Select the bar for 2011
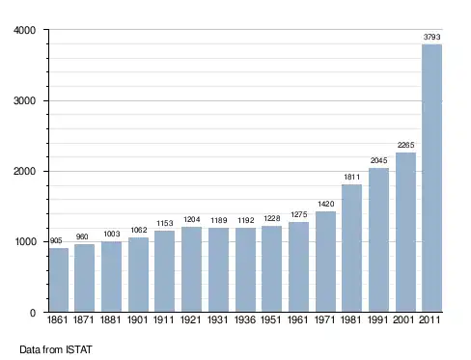pyautogui.click(x=431, y=178)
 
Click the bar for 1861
pyautogui.click(x=59, y=280)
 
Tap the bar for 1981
pyautogui.click(x=351, y=248)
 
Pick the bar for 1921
pyautogui.click(x=191, y=269)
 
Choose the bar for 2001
pyautogui.click(x=405, y=232)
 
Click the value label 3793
pyautogui.click(x=431, y=37)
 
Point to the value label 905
pyautogui.click(x=56, y=241)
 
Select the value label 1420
pyautogui.click(x=326, y=204)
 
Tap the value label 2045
pyautogui.click(x=378, y=160)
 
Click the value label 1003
pyautogui.click(x=112, y=234)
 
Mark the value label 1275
pyautogui.click(x=299, y=214)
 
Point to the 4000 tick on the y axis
pyautogui.click(x=24, y=30)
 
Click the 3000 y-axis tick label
pyautogui.click(x=24, y=100)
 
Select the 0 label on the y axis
pyautogui.click(x=33, y=313)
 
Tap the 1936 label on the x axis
pyautogui.click(x=245, y=320)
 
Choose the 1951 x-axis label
pyautogui.click(x=271, y=320)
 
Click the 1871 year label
pyautogui.click(x=83, y=320)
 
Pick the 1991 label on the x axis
pyautogui.click(x=377, y=320)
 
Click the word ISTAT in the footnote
pyautogui.click(x=79, y=349)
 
